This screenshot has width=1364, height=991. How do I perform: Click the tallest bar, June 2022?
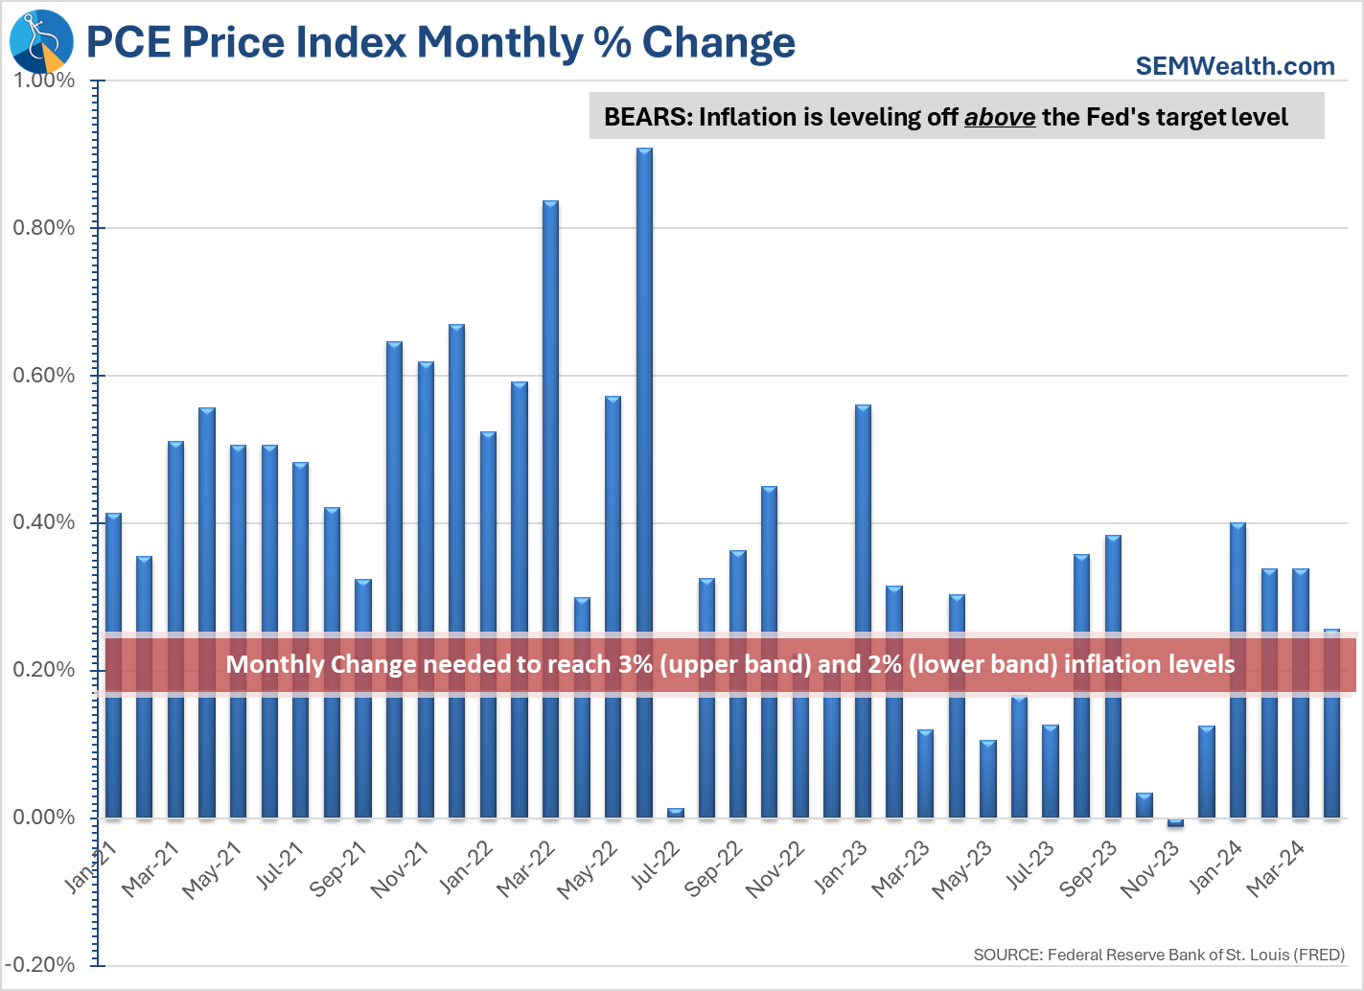tap(644, 479)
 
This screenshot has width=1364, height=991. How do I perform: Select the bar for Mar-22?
tap(550, 508)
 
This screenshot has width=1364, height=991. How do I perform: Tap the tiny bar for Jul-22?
tap(676, 813)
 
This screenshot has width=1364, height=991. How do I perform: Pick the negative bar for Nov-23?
tap(1175, 822)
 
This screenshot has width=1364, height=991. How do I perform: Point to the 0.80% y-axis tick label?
tap(44, 228)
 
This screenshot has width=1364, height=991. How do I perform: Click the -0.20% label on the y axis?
tap(42, 965)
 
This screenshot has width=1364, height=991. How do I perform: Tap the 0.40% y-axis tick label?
tap(44, 522)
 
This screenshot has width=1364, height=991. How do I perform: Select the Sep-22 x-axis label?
tap(714, 868)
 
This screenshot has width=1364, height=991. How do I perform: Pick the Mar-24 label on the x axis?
tap(1276, 868)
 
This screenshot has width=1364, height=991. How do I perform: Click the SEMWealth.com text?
tap(1235, 66)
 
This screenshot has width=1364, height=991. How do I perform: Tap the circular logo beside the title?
tap(41, 41)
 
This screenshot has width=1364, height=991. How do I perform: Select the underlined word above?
tap(999, 117)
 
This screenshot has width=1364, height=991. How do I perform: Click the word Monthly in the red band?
tap(274, 664)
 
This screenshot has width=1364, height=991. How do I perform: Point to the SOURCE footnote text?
tap(1159, 955)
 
